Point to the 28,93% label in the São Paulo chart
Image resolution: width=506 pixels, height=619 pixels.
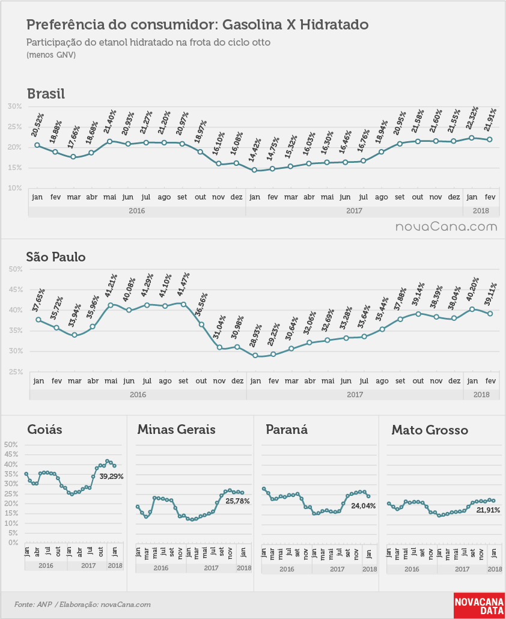pos(255,335)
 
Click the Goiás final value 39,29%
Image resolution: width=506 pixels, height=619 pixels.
pos(111,477)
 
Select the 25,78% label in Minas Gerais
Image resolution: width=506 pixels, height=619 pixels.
pos(237,501)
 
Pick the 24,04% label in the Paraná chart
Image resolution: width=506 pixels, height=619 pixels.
pos(364,505)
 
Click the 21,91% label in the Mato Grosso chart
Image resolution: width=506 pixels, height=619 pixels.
pos(488,510)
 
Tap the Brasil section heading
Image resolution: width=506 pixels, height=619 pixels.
pos(46,94)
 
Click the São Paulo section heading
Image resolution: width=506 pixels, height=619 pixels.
pos(56,257)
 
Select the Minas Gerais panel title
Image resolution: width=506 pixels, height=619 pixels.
pos(177,429)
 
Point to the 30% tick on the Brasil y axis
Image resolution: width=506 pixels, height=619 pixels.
pos(14,106)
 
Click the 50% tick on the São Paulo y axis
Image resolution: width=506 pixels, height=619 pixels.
pos(16,269)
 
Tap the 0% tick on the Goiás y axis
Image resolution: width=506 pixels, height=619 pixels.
pos(13,543)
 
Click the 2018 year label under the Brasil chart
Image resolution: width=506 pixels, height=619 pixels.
pos(481,211)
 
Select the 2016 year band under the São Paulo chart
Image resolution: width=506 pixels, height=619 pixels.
pos(138,394)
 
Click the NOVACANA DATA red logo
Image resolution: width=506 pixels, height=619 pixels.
pos(480,606)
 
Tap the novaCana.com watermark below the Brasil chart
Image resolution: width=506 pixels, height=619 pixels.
pos(447,227)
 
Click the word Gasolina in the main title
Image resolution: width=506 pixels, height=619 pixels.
pos(252,25)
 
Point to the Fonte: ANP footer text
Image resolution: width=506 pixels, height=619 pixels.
pos(33,605)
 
